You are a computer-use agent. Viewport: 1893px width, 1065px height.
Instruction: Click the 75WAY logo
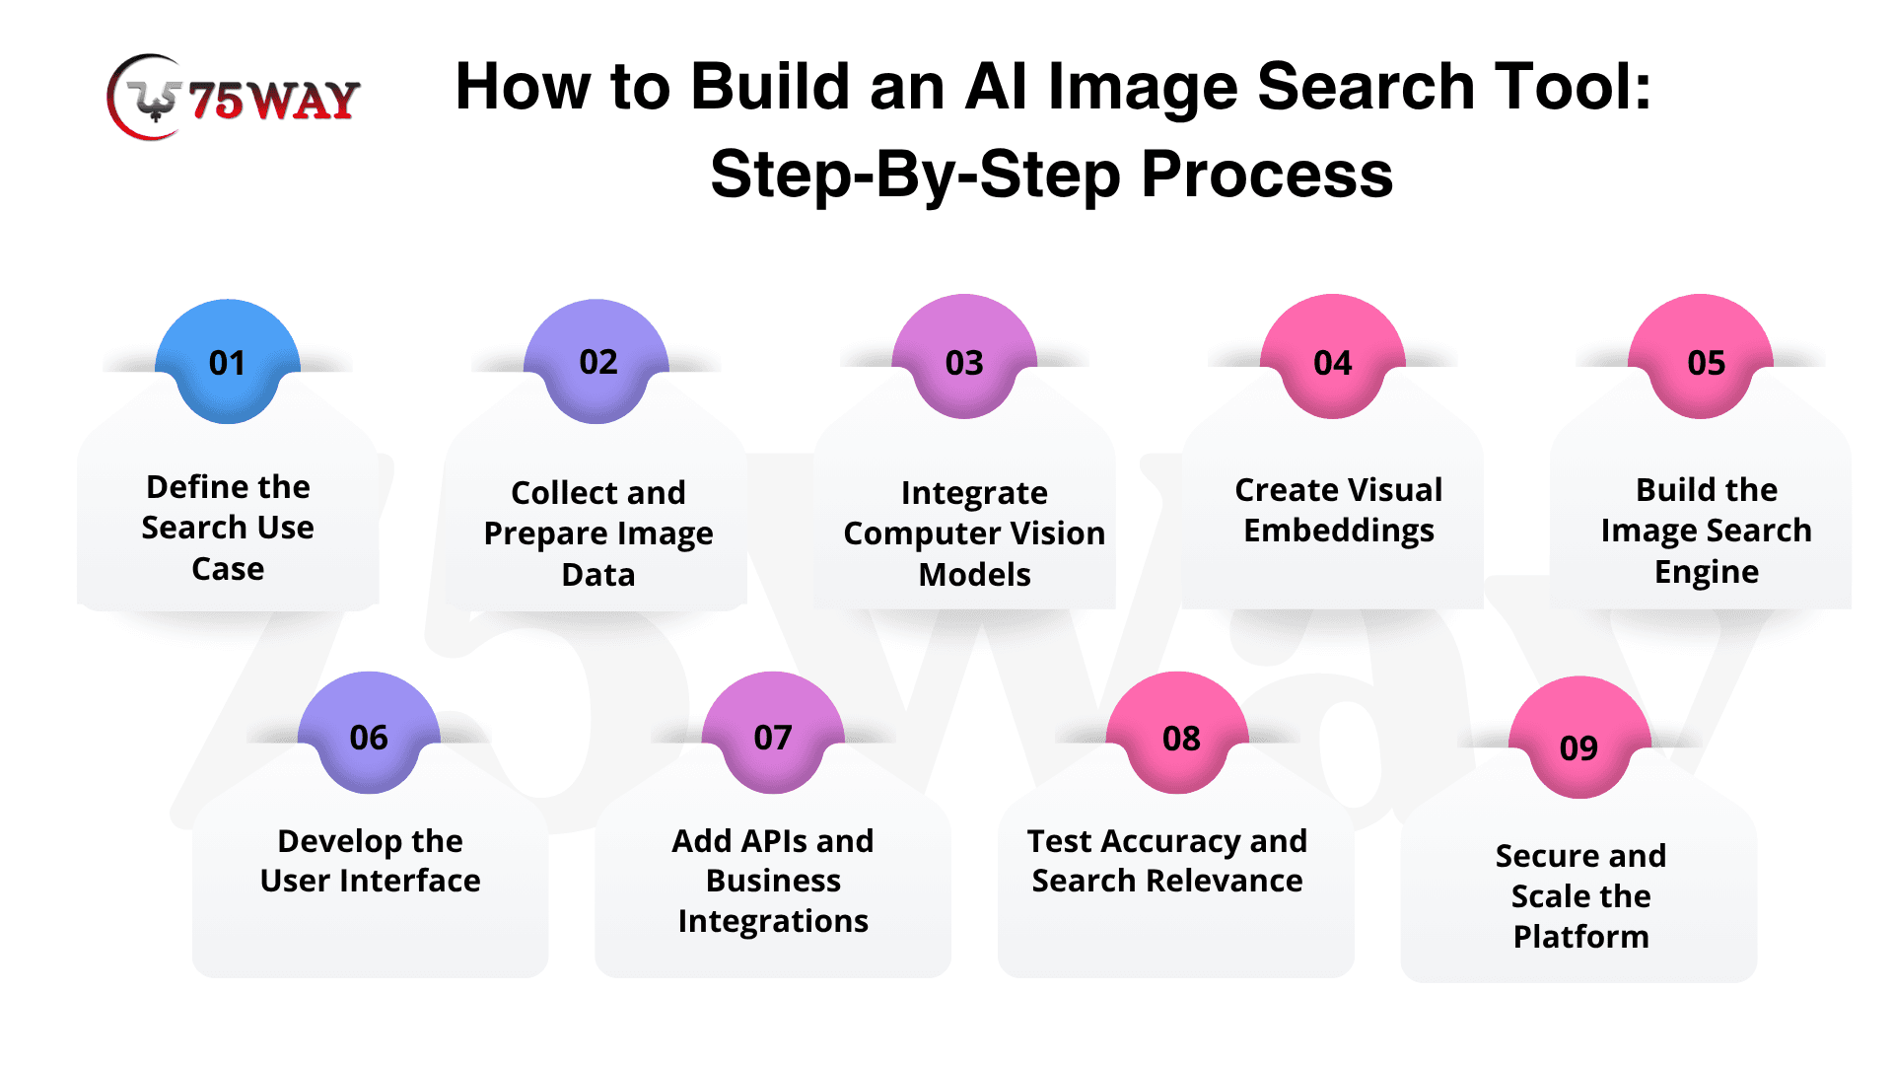click(x=234, y=97)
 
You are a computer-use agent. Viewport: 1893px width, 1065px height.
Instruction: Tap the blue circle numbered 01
click(x=228, y=362)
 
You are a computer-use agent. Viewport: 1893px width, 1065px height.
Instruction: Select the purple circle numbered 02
click(x=596, y=362)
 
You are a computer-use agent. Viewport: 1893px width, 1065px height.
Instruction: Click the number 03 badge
click(x=964, y=357)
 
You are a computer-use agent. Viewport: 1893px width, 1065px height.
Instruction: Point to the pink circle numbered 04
click(x=1333, y=357)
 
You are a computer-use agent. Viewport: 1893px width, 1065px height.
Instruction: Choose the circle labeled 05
click(x=1701, y=357)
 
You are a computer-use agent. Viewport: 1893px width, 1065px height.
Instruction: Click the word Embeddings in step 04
click(x=1339, y=532)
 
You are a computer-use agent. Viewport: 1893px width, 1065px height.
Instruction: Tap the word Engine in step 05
click(x=1707, y=573)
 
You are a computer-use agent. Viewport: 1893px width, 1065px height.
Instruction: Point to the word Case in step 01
click(x=228, y=569)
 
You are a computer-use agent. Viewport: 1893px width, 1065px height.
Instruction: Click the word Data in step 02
click(x=598, y=575)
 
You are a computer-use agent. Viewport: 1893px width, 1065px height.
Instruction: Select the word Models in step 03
click(x=975, y=575)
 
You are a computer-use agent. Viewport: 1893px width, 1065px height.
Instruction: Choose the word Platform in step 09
click(x=1581, y=937)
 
